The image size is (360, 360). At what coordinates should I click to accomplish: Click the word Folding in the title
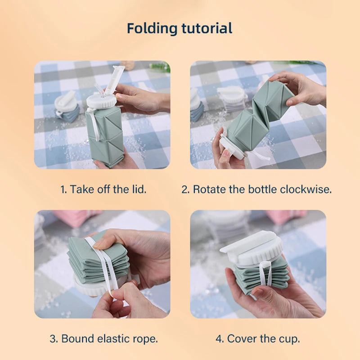coord(152,29)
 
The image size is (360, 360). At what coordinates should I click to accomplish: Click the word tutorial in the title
coord(207,28)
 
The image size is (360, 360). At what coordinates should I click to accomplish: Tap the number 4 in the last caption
coord(220,339)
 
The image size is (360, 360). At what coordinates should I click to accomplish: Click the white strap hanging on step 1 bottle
coord(94,124)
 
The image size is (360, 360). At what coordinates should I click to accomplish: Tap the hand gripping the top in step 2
coord(301,88)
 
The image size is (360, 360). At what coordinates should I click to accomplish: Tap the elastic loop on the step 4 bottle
coord(266,273)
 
